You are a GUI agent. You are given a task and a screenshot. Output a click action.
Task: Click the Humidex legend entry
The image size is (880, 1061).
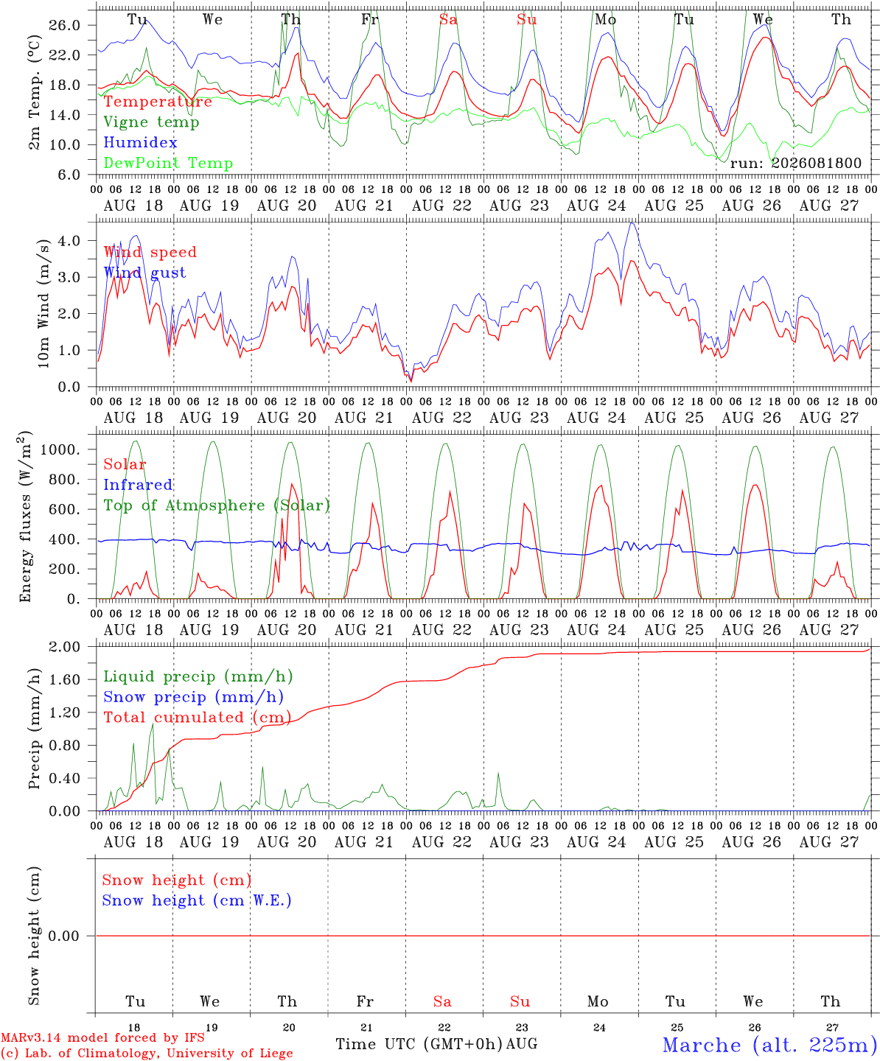tap(140, 142)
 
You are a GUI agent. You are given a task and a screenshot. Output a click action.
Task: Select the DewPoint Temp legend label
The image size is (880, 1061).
tap(168, 163)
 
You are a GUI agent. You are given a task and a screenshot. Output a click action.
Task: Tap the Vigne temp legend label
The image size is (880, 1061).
tap(152, 122)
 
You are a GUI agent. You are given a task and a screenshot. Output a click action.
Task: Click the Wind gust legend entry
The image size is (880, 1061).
tap(145, 273)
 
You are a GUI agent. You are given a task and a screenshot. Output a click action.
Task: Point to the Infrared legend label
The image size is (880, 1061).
tap(138, 485)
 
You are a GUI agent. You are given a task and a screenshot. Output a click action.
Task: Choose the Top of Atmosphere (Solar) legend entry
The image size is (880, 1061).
tap(217, 505)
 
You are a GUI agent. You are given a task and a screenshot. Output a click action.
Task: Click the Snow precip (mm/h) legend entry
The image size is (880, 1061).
tap(193, 697)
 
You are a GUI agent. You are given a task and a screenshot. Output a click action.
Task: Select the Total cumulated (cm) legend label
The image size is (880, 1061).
tap(198, 718)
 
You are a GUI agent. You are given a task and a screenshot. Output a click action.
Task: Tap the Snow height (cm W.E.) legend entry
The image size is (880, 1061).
tap(197, 900)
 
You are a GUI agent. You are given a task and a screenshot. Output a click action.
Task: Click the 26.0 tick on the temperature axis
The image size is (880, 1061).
tap(65, 25)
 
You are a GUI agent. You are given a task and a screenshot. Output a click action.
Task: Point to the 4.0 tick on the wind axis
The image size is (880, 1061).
tap(69, 240)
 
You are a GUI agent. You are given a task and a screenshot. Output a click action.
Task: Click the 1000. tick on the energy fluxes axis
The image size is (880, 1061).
tap(60, 449)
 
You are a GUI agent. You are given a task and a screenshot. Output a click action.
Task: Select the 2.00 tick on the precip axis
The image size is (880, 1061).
tap(65, 647)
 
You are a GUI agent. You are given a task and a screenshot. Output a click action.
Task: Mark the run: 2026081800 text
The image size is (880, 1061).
tap(796, 163)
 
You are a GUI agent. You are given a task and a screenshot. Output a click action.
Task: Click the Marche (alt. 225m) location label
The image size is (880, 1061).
tap(771, 1045)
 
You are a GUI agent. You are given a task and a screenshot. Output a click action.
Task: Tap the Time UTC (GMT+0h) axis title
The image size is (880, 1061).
tap(419, 1044)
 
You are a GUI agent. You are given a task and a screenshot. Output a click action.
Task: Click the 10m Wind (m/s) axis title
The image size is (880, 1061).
tap(43, 304)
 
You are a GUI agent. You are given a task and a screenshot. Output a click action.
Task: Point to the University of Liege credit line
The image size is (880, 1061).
tap(147, 1053)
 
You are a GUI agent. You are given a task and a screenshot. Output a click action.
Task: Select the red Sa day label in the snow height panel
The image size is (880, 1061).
tap(442, 1001)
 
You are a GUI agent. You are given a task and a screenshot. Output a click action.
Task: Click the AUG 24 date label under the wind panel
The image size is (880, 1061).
tap(597, 418)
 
